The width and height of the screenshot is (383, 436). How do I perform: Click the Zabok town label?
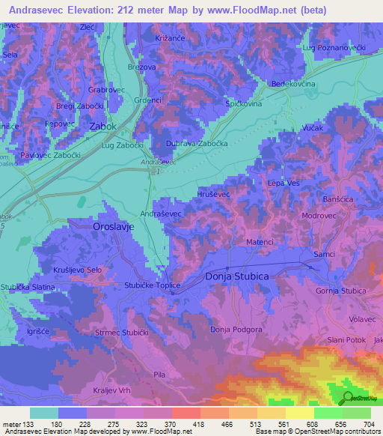102,127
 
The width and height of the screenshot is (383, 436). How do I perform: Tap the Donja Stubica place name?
236,276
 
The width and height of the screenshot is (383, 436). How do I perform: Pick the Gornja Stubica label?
341,291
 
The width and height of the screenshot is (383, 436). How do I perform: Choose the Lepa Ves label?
283,182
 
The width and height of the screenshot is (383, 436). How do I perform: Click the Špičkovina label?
244,103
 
